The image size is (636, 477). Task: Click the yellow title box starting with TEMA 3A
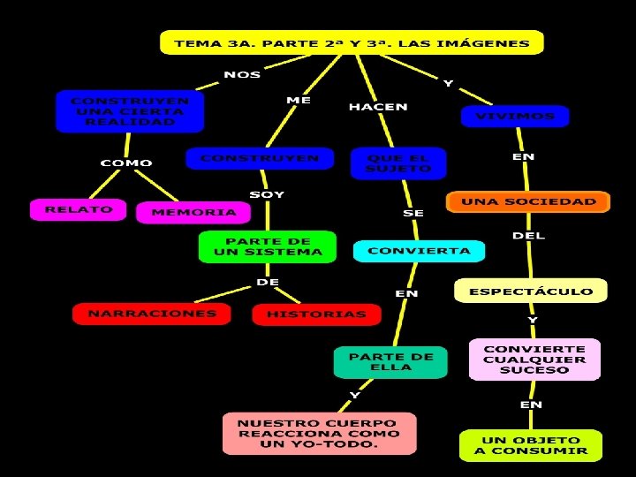coord(352,42)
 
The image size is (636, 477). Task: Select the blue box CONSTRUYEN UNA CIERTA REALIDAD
coord(129,111)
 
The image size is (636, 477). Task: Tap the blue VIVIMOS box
coord(515,116)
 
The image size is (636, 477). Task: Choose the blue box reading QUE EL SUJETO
coord(398,163)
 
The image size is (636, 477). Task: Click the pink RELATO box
coord(79,210)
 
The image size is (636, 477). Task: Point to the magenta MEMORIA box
coord(193,212)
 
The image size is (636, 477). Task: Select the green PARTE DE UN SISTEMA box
coord(268,246)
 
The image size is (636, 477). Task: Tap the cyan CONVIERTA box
coord(419,251)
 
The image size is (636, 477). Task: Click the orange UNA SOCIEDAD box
coord(528,202)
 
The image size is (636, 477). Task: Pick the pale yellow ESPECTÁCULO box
coord(530,291)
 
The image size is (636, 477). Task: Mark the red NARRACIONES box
coord(151,313)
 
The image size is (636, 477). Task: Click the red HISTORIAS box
coord(315,314)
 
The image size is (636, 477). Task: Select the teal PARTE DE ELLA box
coord(390,362)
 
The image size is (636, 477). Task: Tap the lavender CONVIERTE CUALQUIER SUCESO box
coord(534,360)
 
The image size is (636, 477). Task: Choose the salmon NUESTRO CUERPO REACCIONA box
coord(319,434)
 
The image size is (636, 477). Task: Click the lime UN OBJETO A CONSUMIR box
coord(530,444)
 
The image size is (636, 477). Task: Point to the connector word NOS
coord(242,74)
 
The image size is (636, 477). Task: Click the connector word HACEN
coord(378,107)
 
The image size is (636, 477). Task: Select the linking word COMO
coord(125,163)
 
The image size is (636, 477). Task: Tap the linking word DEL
coord(528,236)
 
